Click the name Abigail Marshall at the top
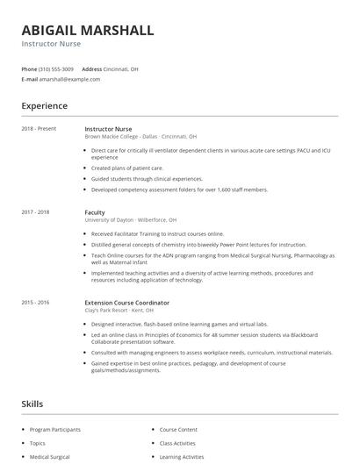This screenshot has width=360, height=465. (x=88, y=30)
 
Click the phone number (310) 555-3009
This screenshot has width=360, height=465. (x=56, y=68)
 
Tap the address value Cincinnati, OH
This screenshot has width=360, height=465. (x=122, y=68)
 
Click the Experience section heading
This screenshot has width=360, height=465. (x=45, y=106)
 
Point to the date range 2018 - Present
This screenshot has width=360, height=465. (x=39, y=129)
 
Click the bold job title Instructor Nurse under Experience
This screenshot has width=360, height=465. (x=109, y=129)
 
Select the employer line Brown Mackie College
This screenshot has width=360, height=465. (x=140, y=137)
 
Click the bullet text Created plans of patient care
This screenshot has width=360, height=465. (x=126, y=168)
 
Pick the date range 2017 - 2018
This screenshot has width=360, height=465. (x=36, y=212)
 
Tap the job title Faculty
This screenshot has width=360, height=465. (x=95, y=212)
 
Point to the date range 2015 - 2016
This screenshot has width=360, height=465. (x=36, y=302)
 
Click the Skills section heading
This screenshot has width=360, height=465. (x=32, y=404)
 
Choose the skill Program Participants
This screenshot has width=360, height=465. (x=55, y=430)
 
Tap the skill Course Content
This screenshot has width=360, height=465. (x=178, y=430)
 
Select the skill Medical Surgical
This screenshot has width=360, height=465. (x=50, y=457)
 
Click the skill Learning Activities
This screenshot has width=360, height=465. (x=182, y=457)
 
